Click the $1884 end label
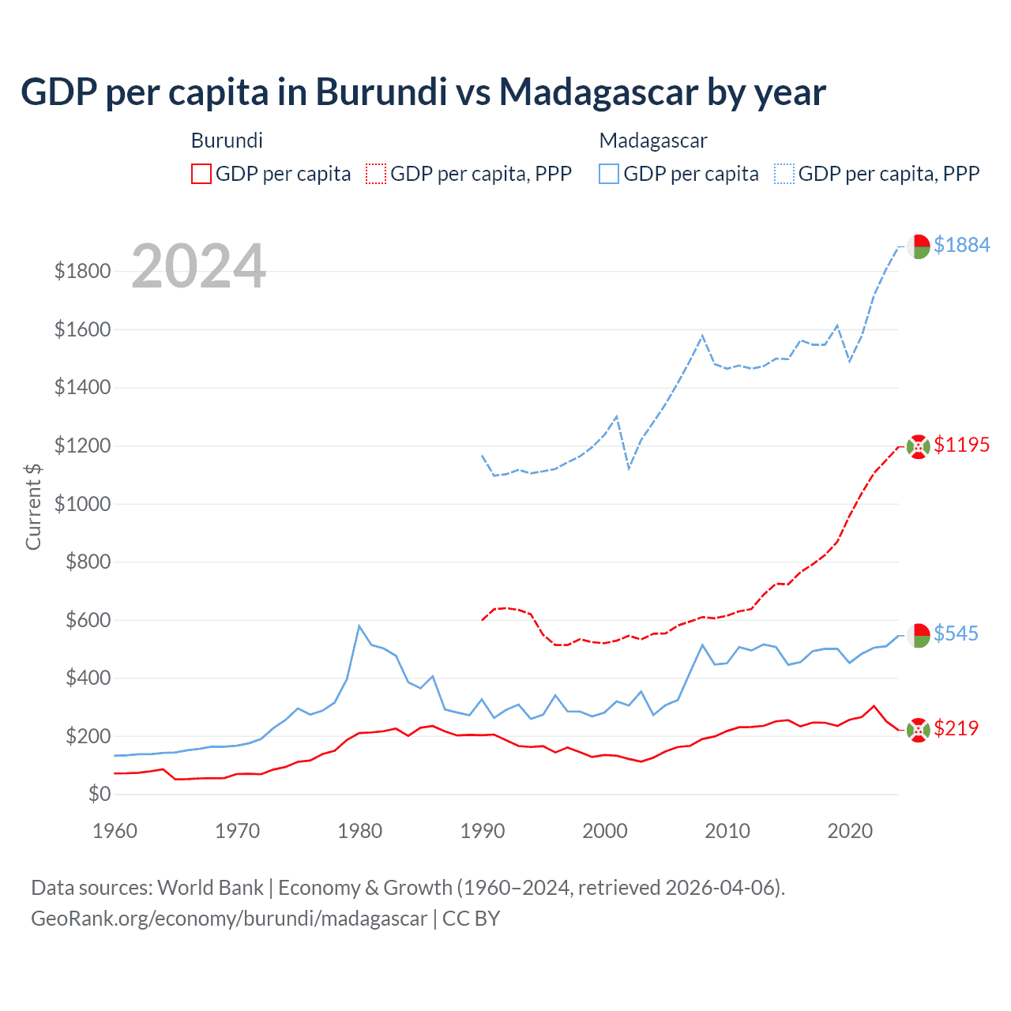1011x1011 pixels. [961, 245]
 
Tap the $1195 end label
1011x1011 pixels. [961, 445]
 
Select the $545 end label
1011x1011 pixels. [956, 633]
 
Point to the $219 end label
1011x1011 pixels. [956, 728]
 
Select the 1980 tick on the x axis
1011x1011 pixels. [360, 831]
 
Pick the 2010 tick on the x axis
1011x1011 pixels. [727, 831]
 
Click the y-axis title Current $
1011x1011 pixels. [33, 506]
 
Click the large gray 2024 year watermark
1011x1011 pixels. [198, 266]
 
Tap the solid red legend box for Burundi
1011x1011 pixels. [201, 174]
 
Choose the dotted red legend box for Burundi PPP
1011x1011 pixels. [376, 174]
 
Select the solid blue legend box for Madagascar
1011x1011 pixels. [609, 174]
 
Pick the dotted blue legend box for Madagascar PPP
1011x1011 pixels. [784, 174]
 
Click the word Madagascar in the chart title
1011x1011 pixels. [599, 92]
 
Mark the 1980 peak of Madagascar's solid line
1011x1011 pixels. [359, 626]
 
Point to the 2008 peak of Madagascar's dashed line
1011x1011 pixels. [702, 336]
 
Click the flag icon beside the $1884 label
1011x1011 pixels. [918, 246]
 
